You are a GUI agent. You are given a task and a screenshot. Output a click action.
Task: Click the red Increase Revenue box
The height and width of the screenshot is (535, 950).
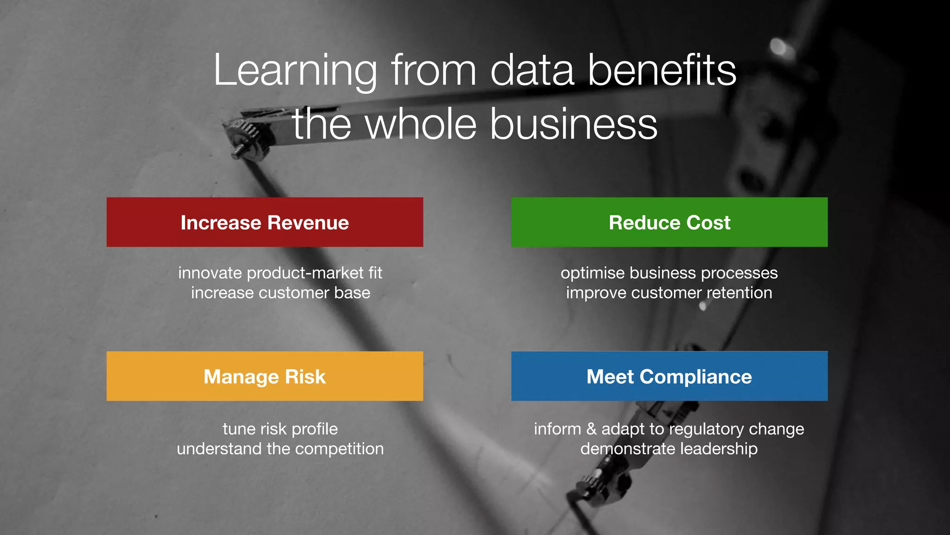(x=264, y=222)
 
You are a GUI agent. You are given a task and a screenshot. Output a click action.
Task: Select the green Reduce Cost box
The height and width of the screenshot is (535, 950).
(x=669, y=222)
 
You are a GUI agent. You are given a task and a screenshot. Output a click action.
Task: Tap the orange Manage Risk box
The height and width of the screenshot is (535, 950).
(x=264, y=376)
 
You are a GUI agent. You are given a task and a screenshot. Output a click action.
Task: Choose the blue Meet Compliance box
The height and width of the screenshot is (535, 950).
(x=669, y=376)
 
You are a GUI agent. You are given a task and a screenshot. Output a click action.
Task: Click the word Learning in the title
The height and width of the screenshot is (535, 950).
(x=295, y=71)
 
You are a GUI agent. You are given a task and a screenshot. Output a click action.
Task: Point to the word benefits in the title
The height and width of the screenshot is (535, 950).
(x=662, y=71)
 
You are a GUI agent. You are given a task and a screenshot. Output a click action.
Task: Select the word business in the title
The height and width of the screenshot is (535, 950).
(x=574, y=124)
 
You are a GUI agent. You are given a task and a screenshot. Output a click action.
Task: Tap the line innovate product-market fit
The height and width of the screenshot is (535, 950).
(x=280, y=273)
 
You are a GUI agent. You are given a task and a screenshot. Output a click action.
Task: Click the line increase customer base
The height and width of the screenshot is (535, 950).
(x=280, y=293)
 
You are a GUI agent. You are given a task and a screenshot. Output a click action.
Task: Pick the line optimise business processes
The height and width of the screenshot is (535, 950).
(x=669, y=273)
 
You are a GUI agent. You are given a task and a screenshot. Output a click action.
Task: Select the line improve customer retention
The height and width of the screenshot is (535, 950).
(x=669, y=293)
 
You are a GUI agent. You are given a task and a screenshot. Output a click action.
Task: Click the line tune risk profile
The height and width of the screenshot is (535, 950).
(x=280, y=429)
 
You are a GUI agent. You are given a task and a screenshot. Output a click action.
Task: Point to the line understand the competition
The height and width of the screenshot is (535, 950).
(x=280, y=449)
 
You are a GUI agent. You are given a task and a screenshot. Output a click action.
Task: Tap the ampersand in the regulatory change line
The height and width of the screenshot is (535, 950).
(x=591, y=429)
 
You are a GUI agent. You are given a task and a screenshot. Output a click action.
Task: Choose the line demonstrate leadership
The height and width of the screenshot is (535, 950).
(x=669, y=449)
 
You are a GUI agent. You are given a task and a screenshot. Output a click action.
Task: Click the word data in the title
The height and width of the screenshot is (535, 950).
(x=532, y=71)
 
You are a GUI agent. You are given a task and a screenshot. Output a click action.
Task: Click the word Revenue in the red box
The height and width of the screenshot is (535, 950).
(x=308, y=223)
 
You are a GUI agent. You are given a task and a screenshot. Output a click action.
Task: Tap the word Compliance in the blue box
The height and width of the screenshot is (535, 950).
(x=695, y=377)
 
